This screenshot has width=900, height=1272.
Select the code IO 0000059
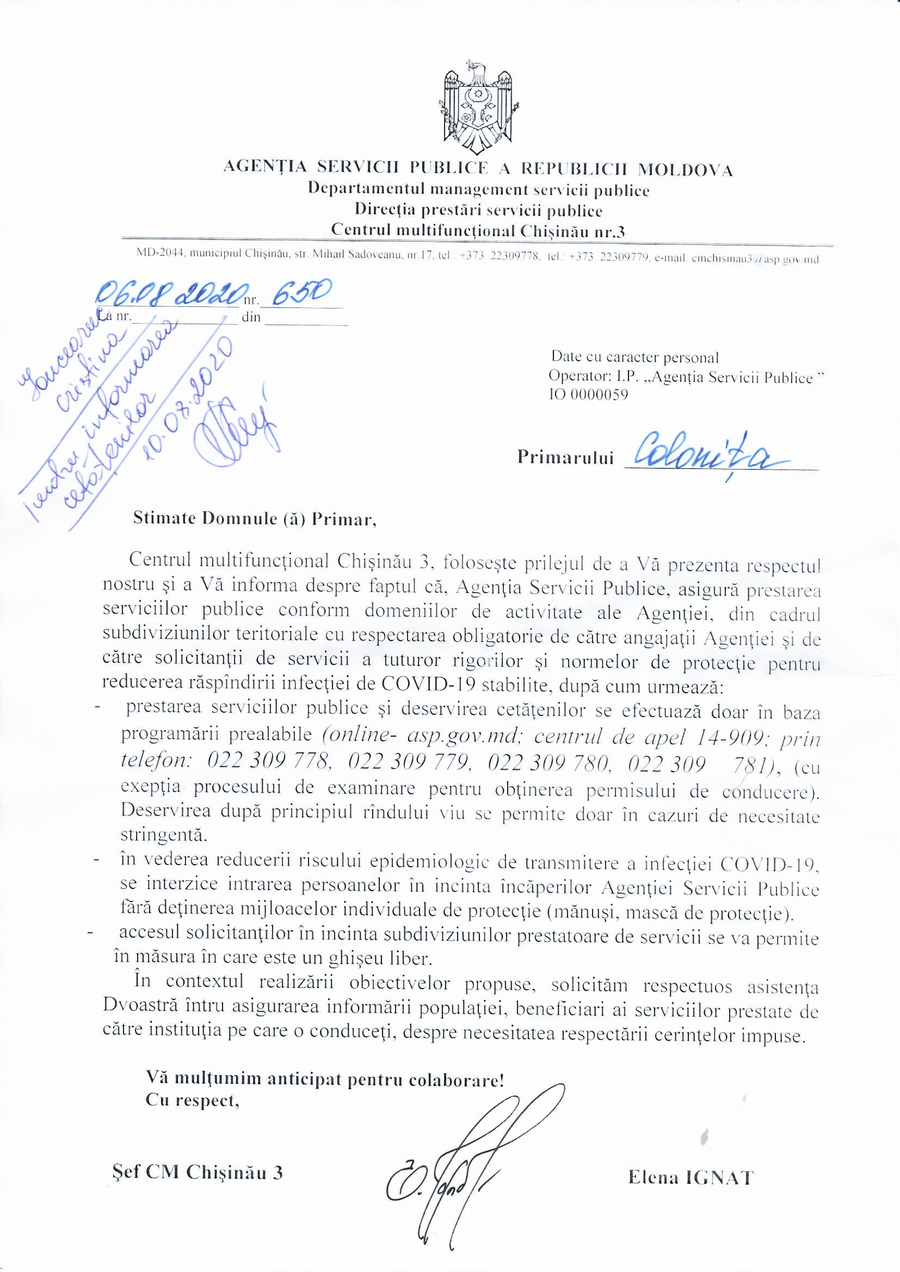pyautogui.click(x=588, y=396)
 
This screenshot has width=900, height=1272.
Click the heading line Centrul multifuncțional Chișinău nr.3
pyautogui.click(x=477, y=231)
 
